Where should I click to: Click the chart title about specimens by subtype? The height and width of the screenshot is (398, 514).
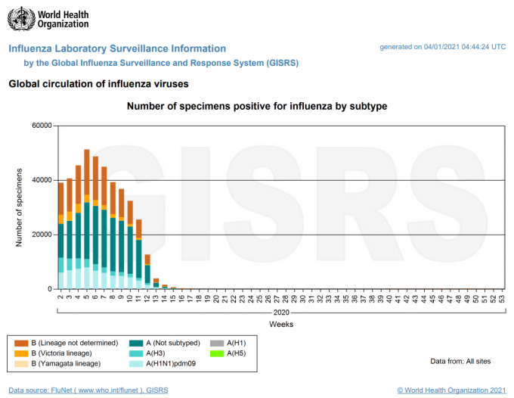[x=257, y=107]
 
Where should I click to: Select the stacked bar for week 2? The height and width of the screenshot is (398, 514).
[x=61, y=235]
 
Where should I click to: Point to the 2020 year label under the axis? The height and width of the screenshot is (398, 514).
[x=281, y=313]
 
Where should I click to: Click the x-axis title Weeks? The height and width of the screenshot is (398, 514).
[x=281, y=324]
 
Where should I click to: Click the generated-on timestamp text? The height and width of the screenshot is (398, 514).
[x=442, y=47]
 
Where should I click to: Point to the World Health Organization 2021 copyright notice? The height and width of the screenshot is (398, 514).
[x=451, y=390]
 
